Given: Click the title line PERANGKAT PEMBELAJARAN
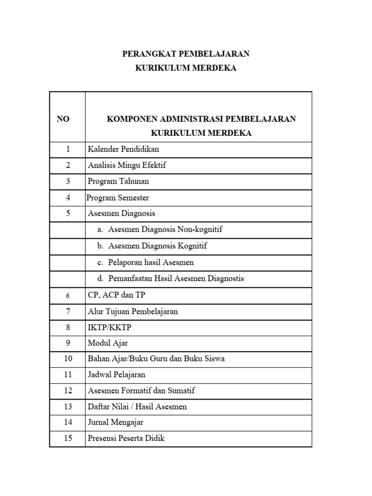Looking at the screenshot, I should [x=186, y=53].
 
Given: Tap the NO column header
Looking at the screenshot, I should [x=63, y=119].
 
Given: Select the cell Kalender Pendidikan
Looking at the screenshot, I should [x=123, y=149].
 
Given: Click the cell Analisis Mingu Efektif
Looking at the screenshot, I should [x=127, y=165].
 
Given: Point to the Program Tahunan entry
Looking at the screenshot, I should [x=118, y=182].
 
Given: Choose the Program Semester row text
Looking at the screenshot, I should [x=118, y=198].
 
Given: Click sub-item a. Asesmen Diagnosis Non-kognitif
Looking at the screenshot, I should [x=159, y=230].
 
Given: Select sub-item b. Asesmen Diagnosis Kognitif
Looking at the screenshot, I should [x=152, y=246].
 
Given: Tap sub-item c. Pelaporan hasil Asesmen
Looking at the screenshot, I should [x=145, y=263].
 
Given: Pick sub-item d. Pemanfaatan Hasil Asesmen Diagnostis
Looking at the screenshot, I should [x=170, y=279].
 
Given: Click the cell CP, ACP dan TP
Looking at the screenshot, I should [x=112, y=295].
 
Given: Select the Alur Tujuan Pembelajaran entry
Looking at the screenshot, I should [x=133, y=311].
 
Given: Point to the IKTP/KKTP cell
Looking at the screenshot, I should [x=109, y=327].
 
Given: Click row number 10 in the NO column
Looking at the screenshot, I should [x=67, y=359].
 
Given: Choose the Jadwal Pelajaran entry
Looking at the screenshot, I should [x=116, y=374].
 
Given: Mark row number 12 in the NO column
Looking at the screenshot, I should [x=67, y=390].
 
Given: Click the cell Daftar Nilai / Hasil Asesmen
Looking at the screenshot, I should [x=137, y=406].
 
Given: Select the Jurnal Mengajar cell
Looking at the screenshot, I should [x=115, y=422].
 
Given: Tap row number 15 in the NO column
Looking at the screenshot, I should [x=67, y=438].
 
